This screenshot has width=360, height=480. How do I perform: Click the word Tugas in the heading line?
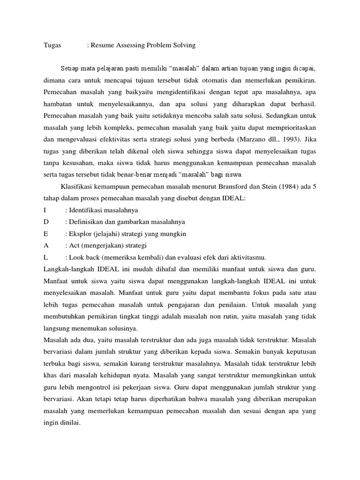point(51,45)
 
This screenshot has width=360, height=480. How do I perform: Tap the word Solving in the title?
point(183,45)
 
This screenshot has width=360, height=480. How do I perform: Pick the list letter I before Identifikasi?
point(44,210)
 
